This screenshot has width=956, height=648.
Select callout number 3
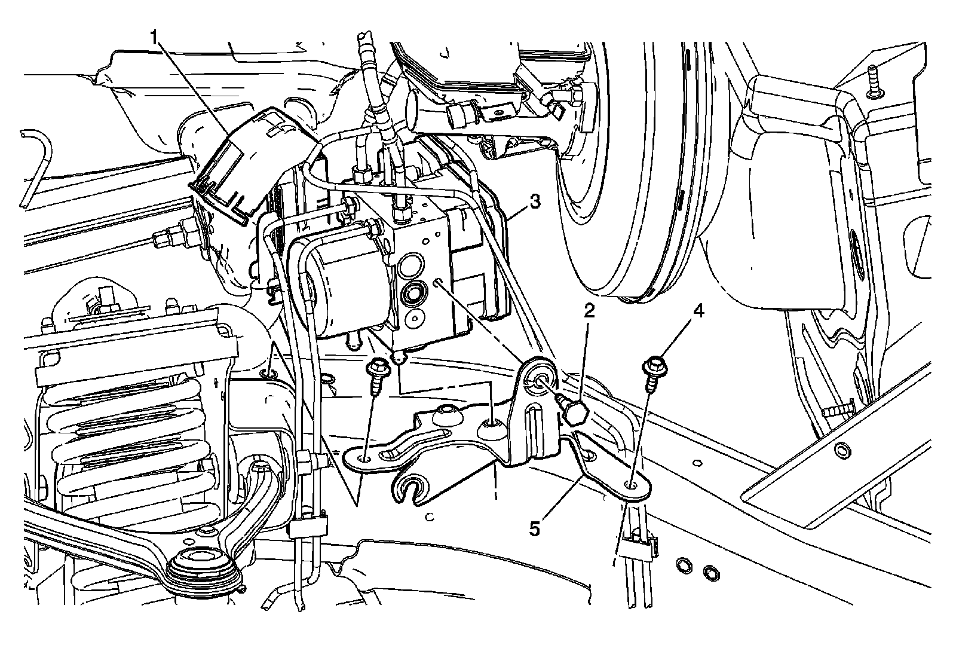pyautogui.click(x=535, y=202)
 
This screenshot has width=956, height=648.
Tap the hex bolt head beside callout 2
pyautogui.click(x=577, y=412)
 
